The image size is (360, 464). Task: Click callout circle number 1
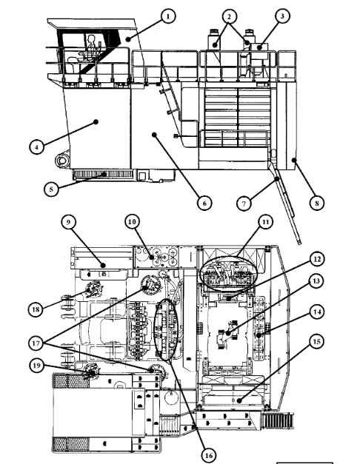click(168, 16)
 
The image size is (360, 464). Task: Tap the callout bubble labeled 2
click(229, 17)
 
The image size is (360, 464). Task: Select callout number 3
click(281, 16)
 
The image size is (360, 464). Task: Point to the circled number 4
click(37, 147)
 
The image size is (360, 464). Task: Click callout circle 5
click(51, 189)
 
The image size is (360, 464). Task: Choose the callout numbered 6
click(204, 203)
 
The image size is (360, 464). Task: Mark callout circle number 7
click(244, 204)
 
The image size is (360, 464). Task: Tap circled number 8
click(317, 203)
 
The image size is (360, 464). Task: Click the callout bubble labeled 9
click(68, 222)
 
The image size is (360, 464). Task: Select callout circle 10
click(132, 222)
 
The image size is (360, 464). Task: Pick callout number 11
click(265, 222)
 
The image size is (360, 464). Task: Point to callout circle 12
click(317, 259)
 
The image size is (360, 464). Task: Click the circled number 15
click(317, 341)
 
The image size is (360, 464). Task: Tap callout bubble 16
click(209, 455)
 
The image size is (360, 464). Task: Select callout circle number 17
click(36, 343)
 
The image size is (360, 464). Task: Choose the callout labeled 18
click(36, 309)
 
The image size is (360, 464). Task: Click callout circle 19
click(37, 366)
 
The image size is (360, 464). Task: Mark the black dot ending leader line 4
click(96, 121)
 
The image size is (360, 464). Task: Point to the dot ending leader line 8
click(294, 160)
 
